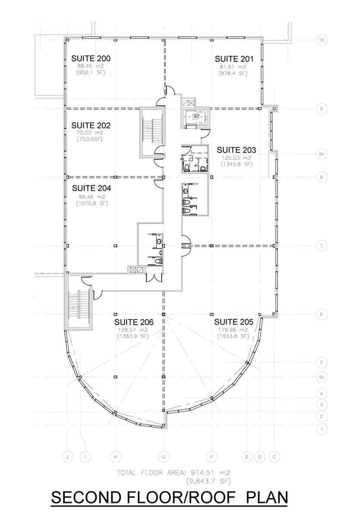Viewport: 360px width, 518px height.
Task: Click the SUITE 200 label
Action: (x=91, y=59)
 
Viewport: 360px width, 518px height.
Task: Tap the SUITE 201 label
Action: (x=234, y=59)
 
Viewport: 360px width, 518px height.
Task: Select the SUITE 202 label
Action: (x=91, y=126)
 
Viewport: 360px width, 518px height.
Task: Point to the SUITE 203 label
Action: (x=236, y=150)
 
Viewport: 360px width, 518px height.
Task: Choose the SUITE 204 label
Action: (x=91, y=188)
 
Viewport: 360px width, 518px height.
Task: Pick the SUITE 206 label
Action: (x=134, y=322)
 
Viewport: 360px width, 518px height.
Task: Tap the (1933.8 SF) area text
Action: (x=233, y=336)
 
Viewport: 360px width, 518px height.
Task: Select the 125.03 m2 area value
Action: (x=236, y=158)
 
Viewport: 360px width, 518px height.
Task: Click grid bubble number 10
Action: (x=321, y=40)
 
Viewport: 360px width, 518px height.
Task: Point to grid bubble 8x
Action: (x=321, y=154)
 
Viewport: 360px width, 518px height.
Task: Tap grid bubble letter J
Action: (x=67, y=457)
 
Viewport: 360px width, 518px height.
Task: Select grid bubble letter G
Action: (x=164, y=457)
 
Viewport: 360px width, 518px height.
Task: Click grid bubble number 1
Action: (x=321, y=430)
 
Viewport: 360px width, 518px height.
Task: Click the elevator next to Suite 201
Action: (x=196, y=117)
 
